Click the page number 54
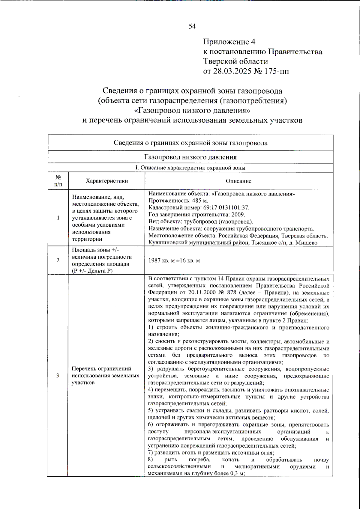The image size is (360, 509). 192,26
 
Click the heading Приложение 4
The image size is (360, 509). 229,42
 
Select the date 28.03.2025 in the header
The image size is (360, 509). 232,71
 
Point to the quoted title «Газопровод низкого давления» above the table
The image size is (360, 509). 192,110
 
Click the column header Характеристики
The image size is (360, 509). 106,181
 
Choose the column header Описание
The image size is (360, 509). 238,181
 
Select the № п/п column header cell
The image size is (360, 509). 58,181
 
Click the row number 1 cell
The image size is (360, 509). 58,218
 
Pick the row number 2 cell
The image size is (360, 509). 58,260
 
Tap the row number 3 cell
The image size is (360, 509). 58,375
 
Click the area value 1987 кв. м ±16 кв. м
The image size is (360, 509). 174,260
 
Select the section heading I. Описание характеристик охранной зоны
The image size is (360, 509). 190,168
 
